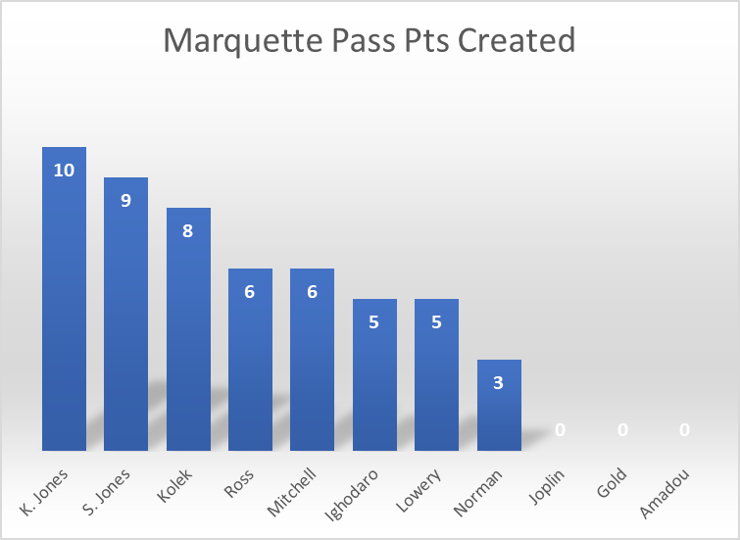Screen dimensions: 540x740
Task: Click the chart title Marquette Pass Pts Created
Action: [x=369, y=41]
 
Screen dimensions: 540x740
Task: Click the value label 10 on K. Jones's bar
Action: [x=64, y=171]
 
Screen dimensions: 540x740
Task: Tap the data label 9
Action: [x=125, y=201]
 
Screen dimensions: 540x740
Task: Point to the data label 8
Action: [x=188, y=231]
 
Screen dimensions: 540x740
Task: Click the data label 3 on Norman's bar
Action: [x=499, y=383]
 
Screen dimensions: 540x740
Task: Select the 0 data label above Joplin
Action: [x=561, y=429]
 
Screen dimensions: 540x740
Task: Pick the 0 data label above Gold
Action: [x=622, y=429]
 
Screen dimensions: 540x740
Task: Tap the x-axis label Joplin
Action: [x=544, y=491]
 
